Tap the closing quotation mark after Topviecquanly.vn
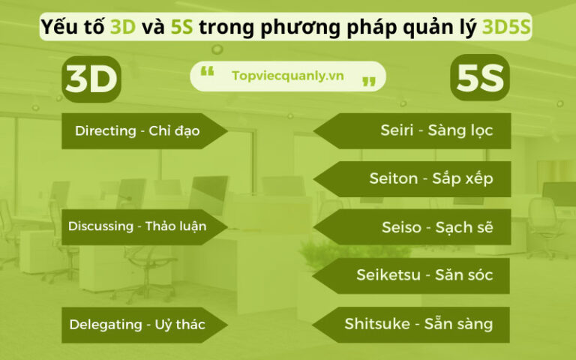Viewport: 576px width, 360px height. [368, 81]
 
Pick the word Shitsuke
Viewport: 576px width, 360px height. [376, 324]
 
